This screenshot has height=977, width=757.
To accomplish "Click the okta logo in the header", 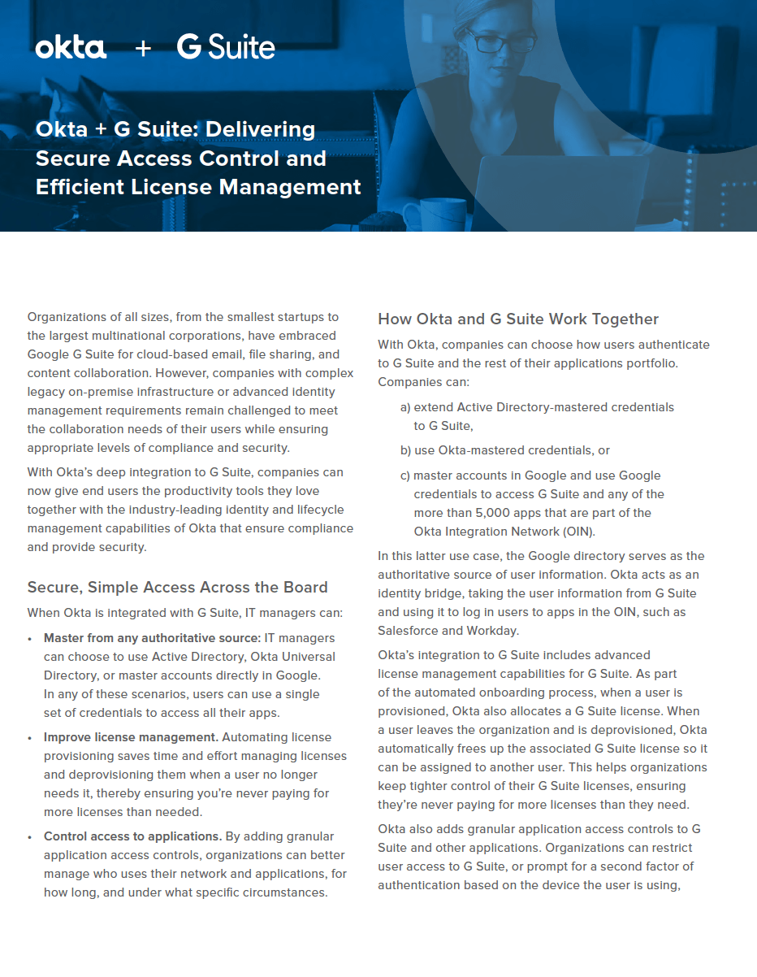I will coord(71,48).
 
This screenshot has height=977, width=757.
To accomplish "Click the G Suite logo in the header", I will coord(226,48).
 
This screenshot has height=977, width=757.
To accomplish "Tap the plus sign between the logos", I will coord(143,49).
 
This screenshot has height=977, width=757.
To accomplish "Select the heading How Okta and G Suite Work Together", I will coord(518,319).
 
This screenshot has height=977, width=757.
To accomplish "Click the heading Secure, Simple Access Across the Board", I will coord(178,587).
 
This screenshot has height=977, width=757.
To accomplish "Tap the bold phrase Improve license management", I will coord(131,737).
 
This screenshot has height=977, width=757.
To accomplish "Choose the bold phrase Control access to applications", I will coord(132,836).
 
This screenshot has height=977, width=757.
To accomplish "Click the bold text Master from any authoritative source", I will coord(152,638).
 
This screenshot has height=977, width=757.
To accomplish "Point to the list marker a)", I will coord(405,406).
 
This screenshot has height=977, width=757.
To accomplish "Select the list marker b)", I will coord(405,450).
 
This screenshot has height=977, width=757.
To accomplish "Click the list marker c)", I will coord(404,475).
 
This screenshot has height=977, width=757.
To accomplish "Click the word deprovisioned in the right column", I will coord(634,730).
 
